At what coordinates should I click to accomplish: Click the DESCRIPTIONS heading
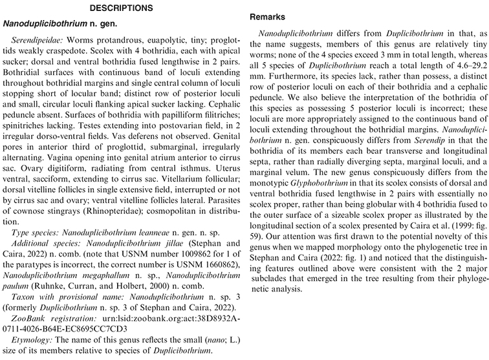pos(120,8)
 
